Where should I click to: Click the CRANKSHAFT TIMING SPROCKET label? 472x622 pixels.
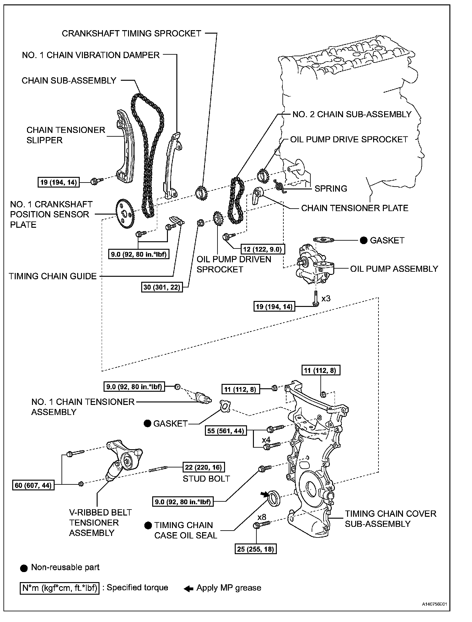click(131, 34)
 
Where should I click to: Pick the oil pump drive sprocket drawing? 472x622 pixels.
click(263, 177)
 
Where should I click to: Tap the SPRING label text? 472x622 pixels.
click(331, 188)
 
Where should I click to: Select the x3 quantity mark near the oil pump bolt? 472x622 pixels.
click(326, 298)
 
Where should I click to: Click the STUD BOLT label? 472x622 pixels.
click(206, 478)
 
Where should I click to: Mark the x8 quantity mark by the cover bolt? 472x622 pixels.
click(262, 517)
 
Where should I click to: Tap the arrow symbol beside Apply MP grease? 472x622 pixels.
click(188, 588)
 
